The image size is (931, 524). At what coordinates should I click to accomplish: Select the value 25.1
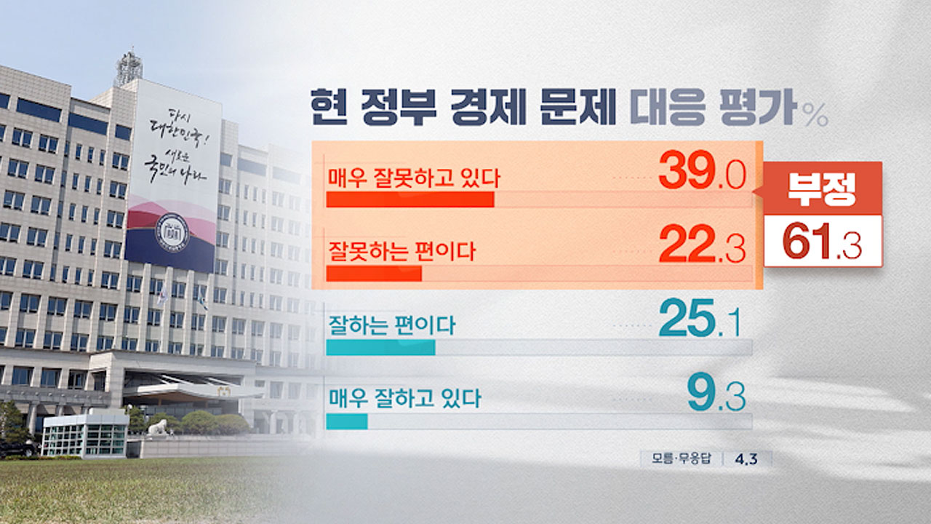click(x=700, y=322)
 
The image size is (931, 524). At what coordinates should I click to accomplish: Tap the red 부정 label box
click(x=823, y=188)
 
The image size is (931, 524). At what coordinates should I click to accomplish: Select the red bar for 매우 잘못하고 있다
click(x=410, y=200)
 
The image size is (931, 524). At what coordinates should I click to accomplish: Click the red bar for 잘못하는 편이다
click(x=374, y=274)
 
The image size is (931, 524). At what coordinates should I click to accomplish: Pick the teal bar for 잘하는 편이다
click(x=380, y=347)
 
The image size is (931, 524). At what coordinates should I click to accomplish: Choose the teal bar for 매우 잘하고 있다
click(x=347, y=421)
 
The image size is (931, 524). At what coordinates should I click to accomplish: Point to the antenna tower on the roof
click(x=129, y=68)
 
